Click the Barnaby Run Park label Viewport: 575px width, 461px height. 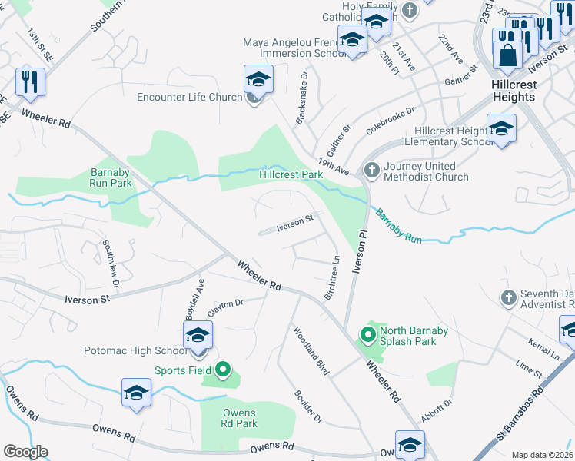111,177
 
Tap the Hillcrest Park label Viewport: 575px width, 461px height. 291,174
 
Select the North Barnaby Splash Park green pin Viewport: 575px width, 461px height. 368,334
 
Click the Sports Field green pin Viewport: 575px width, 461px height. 224,371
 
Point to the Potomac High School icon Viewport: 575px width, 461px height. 198,335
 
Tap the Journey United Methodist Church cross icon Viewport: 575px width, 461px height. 371,170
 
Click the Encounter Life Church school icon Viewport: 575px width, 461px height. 258,79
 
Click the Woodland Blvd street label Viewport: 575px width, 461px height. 311,350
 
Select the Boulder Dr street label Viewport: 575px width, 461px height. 308,406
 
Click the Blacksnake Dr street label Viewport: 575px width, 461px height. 302,98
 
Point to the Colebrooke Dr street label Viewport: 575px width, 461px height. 391,121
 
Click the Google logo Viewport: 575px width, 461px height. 25,452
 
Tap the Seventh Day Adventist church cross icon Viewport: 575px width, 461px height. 508,297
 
